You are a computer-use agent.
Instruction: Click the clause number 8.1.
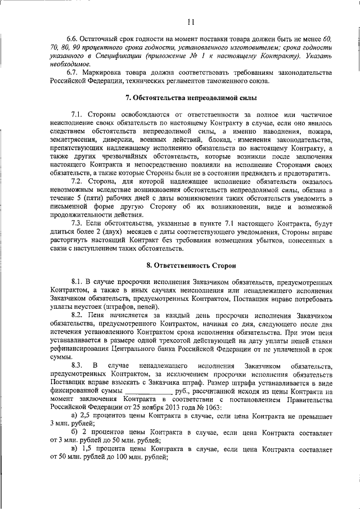click(77, 281)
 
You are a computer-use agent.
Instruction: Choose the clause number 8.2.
click(77, 316)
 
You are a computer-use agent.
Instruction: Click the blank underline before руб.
click(148, 390)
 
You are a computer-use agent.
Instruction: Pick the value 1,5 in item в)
click(88, 450)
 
